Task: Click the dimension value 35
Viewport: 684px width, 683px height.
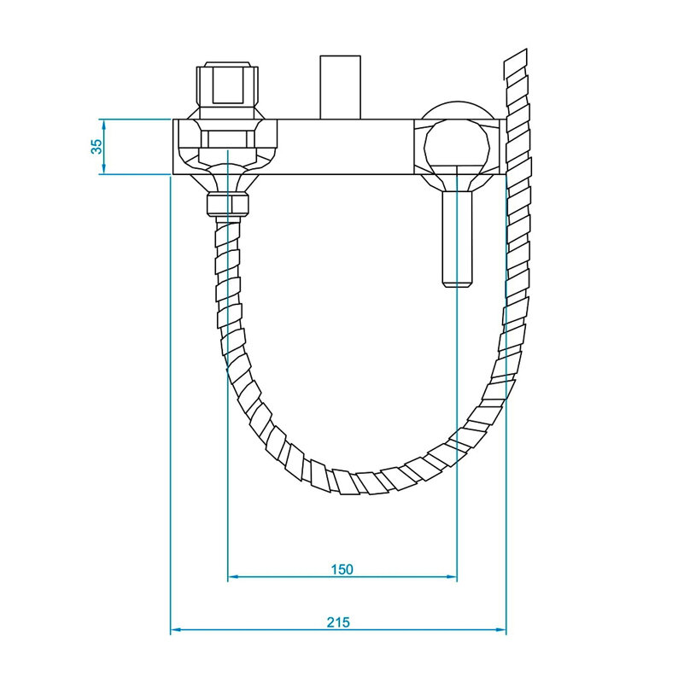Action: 96,146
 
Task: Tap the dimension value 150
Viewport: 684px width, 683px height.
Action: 342,569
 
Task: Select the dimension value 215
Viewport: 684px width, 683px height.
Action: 338,622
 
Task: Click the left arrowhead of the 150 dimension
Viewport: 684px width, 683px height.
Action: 232,576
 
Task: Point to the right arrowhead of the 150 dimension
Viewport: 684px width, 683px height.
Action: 452,576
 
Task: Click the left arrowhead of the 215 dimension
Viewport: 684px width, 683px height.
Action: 175,629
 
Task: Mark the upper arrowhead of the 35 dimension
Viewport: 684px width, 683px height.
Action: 104,125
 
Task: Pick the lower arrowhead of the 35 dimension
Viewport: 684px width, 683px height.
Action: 104,169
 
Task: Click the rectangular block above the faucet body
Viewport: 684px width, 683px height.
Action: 340,87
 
